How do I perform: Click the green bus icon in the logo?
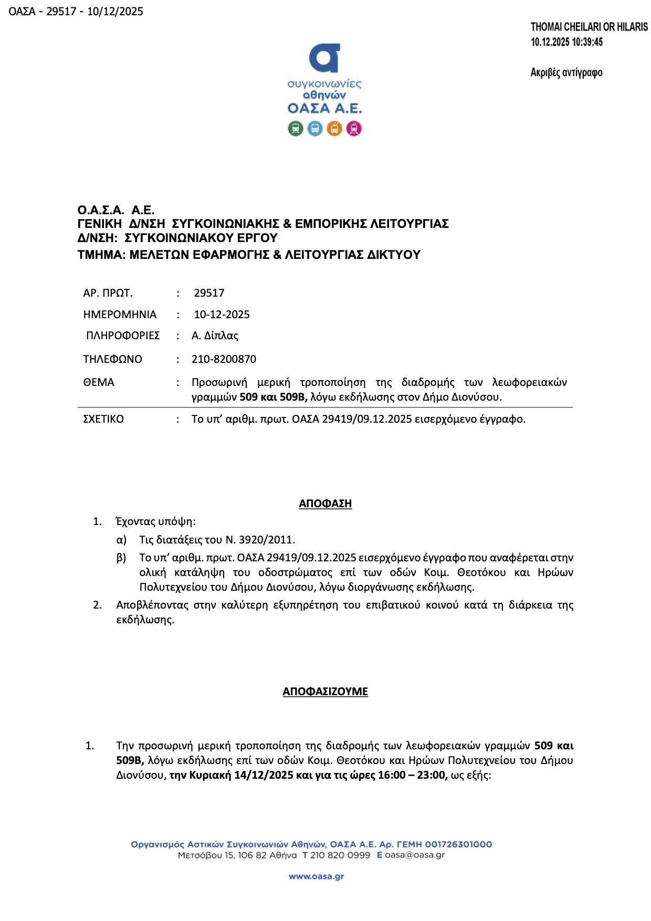click(x=296, y=128)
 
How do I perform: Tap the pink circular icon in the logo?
click(x=354, y=128)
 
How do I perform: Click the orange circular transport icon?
click(x=334, y=128)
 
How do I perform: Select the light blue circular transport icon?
click(x=315, y=128)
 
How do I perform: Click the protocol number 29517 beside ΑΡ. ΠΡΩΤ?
click(x=209, y=293)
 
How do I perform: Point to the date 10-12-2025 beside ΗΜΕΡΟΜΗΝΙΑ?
click(x=222, y=315)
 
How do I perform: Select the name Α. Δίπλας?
click(x=215, y=336)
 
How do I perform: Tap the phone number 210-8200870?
click(x=224, y=359)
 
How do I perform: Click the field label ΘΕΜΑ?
click(x=99, y=382)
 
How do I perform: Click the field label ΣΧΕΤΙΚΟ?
click(x=103, y=419)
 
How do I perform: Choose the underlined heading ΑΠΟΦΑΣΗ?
click(x=325, y=504)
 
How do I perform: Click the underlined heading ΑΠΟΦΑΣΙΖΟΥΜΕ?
click(x=325, y=692)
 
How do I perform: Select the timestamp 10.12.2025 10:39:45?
click(x=566, y=42)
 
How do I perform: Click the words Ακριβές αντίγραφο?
click(x=566, y=72)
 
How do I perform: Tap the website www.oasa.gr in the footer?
click(x=316, y=876)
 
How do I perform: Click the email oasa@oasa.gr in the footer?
click(x=414, y=855)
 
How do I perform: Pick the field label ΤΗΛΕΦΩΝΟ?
click(x=112, y=359)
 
